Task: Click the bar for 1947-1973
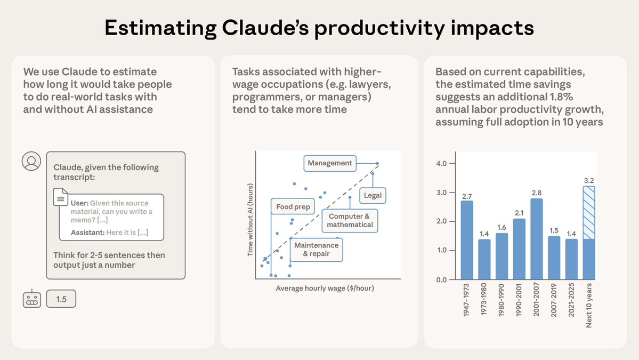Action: click(x=467, y=240)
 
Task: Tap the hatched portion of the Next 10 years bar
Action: click(x=589, y=212)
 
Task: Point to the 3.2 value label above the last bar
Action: click(x=589, y=180)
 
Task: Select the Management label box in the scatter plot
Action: click(x=330, y=163)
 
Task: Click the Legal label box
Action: click(x=373, y=195)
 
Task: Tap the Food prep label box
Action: click(x=293, y=206)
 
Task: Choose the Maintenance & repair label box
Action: click(x=316, y=249)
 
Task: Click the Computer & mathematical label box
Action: click(x=350, y=220)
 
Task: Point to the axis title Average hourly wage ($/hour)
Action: click(x=325, y=289)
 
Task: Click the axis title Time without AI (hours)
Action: click(x=249, y=220)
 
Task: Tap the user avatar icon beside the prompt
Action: click(x=31, y=161)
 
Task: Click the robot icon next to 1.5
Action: click(x=31, y=299)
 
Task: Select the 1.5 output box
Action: click(x=61, y=299)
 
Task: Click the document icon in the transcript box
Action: click(x=61, y=197)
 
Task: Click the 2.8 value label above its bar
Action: click(x=537, y=192)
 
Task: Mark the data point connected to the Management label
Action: click(x=377, y=163)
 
